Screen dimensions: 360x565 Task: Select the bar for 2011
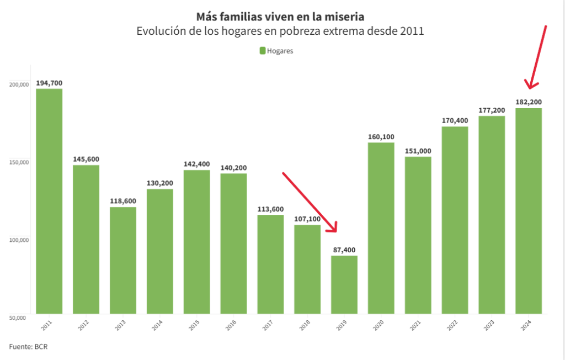click(49, 201)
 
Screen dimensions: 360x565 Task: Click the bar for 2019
click(344, 284)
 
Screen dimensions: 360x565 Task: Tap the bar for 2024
click(529, 210)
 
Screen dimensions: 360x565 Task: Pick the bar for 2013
click(123, 260)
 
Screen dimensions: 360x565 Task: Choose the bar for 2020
click(381, 228)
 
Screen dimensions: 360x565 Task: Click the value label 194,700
click(49, 83)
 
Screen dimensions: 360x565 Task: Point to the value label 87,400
click(344, 250)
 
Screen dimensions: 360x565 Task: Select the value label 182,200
click(529, 102)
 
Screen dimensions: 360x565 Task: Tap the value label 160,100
click(381, 137)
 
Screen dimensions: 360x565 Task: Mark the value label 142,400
click(196, 164)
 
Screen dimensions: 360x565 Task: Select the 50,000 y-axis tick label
click(19, 317)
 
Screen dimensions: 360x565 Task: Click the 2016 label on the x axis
click(230, 326)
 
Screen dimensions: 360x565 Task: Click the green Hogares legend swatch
click(263, 51)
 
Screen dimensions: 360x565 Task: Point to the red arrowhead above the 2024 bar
click(531, 84)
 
